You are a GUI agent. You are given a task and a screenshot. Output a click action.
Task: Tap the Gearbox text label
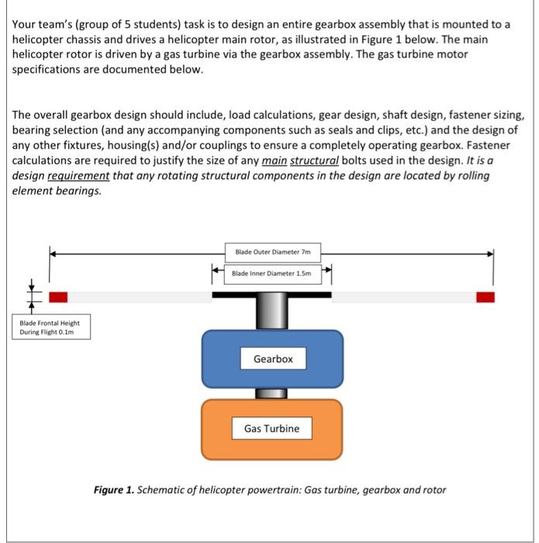(272, 358)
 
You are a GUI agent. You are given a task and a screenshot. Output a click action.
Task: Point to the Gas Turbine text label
(271, 428)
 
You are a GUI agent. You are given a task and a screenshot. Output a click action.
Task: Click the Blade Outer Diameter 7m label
(272, 252)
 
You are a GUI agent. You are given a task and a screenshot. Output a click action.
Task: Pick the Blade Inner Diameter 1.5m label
(272, 273)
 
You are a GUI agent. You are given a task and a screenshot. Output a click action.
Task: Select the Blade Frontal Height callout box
(50, 327)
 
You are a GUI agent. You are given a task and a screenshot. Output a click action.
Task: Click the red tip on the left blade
(58, 297)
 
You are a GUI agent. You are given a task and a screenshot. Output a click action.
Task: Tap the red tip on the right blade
(485, 297)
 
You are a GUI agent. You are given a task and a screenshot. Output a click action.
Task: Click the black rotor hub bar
(271, 295)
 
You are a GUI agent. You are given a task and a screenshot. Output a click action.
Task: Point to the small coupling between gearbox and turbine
(271, 393)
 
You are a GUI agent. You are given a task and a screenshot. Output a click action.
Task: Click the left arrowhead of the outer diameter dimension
(53, 252)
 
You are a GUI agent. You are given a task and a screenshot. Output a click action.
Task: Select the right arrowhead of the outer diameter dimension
(491, 252)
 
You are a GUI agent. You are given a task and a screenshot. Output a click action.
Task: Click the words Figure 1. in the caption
(112, 490)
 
